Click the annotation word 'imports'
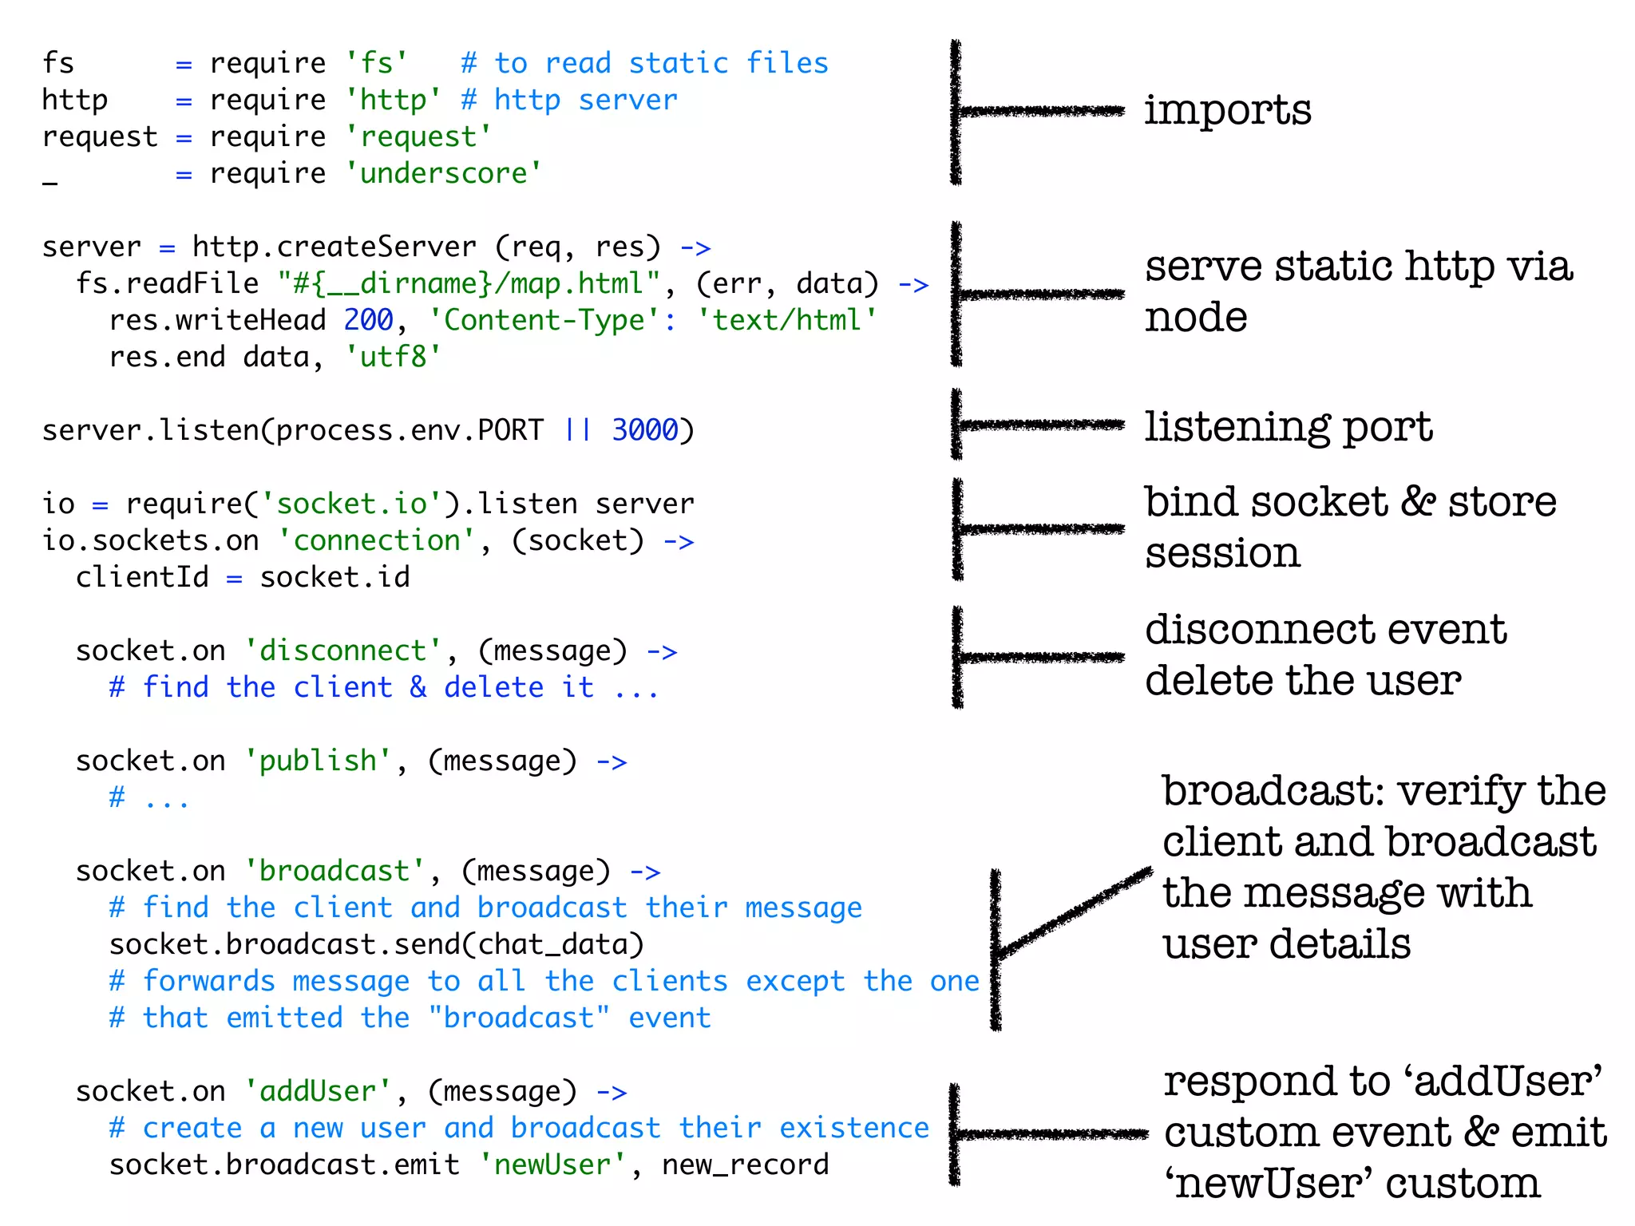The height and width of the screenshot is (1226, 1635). (x=1227, y=110)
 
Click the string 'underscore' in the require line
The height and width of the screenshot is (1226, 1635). (x=444, y=173)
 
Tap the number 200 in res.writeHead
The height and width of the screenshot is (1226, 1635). (x=368, y=320)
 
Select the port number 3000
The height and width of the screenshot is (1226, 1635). (x=644, y=430)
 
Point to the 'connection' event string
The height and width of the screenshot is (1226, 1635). (x=377, y=540)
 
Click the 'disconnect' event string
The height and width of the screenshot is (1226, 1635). (x=343, y=651)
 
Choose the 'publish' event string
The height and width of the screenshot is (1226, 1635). (x=318, y=761)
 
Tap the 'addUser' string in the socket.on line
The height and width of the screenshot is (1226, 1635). (x=318, y=1091)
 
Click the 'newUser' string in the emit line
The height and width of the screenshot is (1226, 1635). (x=552, y=1165)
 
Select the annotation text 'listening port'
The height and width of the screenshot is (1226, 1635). (x=1288, y=427)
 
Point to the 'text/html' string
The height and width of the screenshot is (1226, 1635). (x=786, y=320)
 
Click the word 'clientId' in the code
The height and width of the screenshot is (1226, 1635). (x=142, y=577)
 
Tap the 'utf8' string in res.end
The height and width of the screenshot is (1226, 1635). (x=393, y=357)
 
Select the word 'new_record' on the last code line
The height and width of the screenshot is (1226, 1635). (x=746, y=1165)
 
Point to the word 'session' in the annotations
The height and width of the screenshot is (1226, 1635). (x=1222, y=553)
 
